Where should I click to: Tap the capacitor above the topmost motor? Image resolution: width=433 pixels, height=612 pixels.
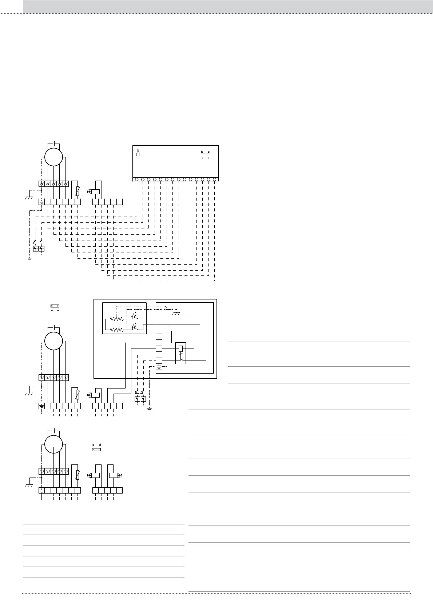(54, 142)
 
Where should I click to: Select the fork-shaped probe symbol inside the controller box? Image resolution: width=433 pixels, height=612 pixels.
(138, 153)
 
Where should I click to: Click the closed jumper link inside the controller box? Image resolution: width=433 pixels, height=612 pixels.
(206, 153)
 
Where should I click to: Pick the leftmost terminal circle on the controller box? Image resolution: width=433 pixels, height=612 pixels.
(137, 179)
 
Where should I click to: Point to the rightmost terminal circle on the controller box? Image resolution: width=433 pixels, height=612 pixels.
(215, 179)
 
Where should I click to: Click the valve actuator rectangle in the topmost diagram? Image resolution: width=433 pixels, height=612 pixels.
(95, 192)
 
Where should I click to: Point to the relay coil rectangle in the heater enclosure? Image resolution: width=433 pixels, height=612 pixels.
(181, 349)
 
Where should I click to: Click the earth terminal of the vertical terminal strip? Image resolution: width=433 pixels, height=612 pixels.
(159, 367)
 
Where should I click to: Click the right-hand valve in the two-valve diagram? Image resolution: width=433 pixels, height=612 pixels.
(114, 475)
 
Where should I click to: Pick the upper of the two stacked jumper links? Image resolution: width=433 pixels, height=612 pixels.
(96, 444)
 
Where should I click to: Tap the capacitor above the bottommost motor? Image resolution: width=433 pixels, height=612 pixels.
(54, 431)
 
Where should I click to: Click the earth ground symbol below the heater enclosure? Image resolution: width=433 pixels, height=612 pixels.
(149, 410)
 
